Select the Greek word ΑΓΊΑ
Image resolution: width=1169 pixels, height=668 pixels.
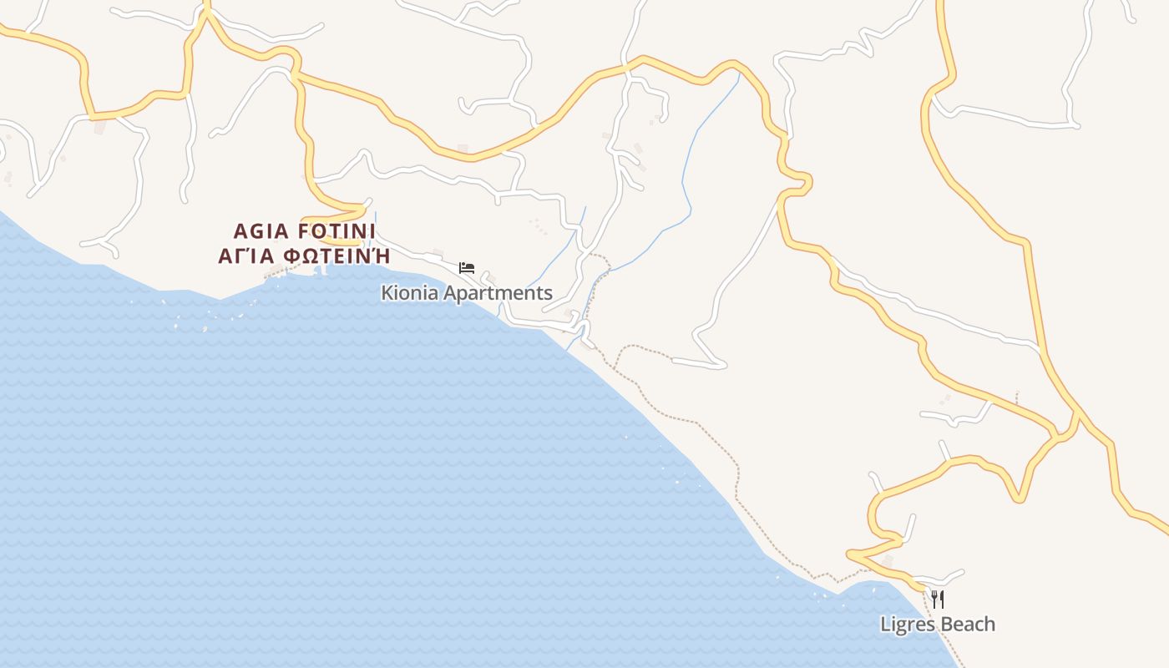[x=247, y=256]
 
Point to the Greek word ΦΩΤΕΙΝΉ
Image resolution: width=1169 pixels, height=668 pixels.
[x=337, y=256]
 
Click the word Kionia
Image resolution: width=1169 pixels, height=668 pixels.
[x=410, y=293]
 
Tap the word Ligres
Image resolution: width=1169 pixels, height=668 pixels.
[x=908, y=625]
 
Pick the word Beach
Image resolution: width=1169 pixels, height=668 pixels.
[x=968, y=624]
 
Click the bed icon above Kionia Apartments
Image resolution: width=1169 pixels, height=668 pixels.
[x=467, y=268]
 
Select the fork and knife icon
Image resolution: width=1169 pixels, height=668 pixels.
[x=938, y=600]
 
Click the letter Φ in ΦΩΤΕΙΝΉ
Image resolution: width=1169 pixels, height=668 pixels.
[x=292, y=256]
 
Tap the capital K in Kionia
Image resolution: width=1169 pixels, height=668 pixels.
[x=387, y=293]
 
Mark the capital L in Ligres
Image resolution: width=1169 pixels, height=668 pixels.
[x=885, y=624]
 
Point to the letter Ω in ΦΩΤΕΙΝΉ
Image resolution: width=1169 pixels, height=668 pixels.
[x=310, y=256]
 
